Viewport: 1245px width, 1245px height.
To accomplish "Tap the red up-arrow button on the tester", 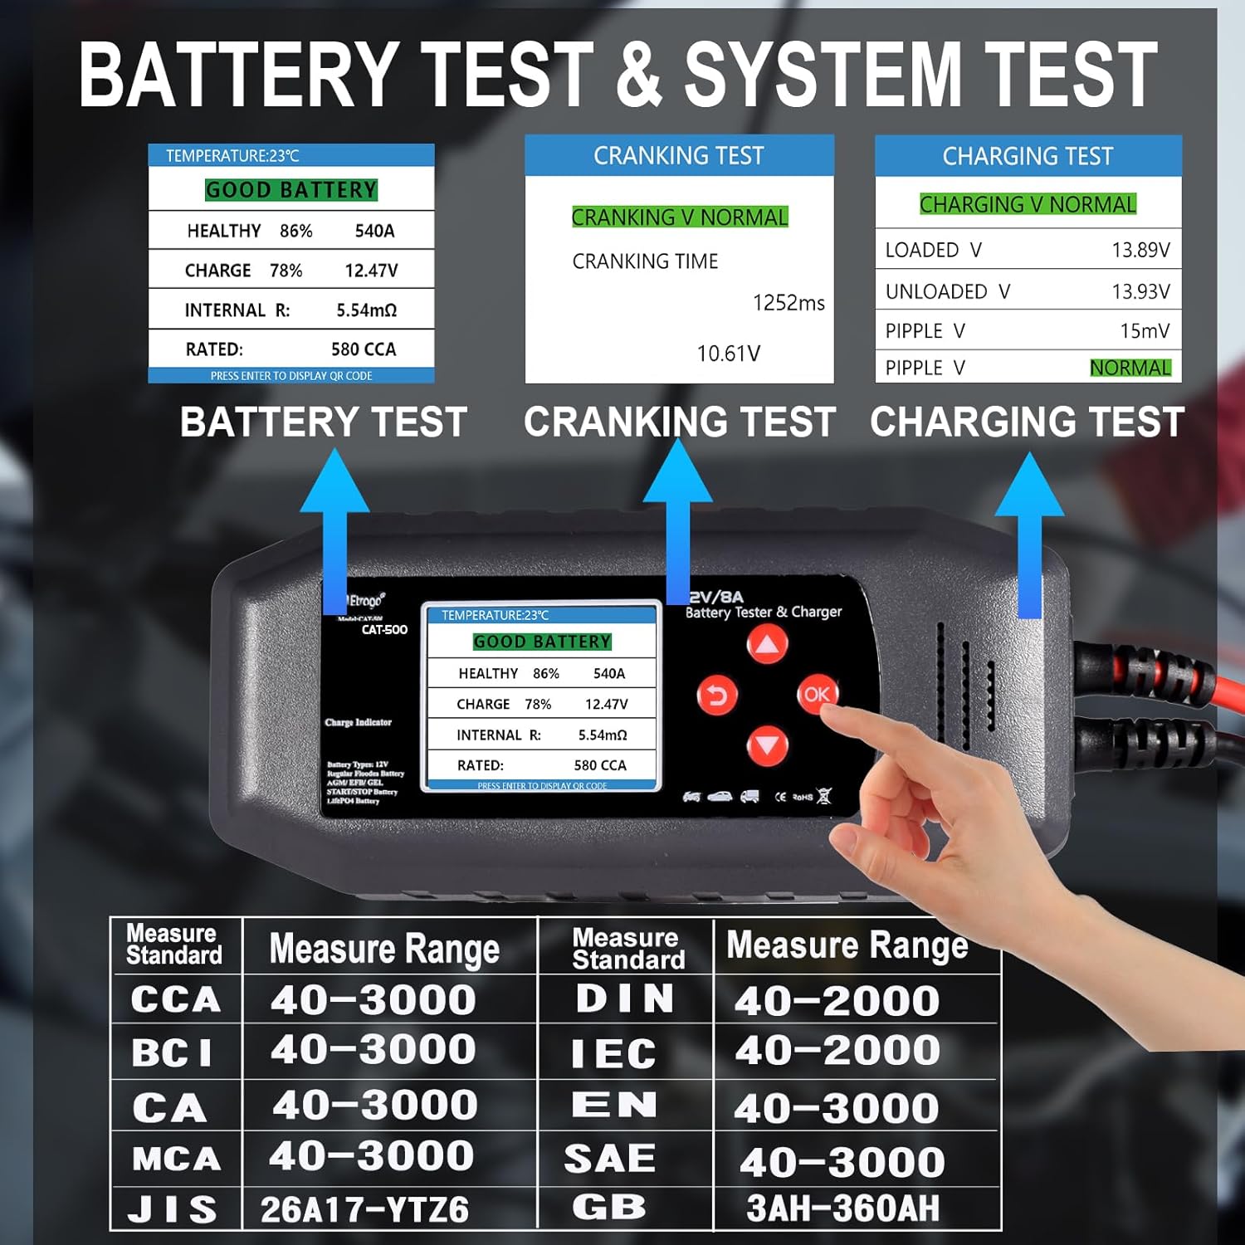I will point(767,644).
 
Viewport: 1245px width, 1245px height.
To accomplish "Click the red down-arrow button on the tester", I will point(767,745).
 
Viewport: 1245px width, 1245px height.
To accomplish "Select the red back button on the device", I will point(716,695).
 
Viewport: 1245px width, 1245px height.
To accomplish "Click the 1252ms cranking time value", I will point(788,303).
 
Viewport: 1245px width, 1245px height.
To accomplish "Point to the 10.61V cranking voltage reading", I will point(728,354).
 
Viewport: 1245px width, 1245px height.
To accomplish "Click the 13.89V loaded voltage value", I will point(1140,250).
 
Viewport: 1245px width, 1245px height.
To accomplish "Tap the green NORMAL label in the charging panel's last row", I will point(1130,368).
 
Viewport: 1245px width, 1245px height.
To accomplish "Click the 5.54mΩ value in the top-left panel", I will point(366,310).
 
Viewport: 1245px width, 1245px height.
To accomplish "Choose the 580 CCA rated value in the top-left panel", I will point(364,349).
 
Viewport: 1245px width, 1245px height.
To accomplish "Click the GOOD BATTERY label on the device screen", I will point(542,642).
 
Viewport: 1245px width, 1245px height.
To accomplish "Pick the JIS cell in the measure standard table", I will point(173,1209).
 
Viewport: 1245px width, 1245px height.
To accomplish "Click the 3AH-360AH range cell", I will point(842,1208).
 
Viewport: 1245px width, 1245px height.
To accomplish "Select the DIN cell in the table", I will point(625,998).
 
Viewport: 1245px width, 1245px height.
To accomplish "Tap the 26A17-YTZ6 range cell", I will point(364,1210).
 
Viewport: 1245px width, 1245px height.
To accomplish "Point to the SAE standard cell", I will point(610,1159).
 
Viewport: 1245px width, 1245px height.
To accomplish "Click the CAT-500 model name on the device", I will point(384,630).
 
